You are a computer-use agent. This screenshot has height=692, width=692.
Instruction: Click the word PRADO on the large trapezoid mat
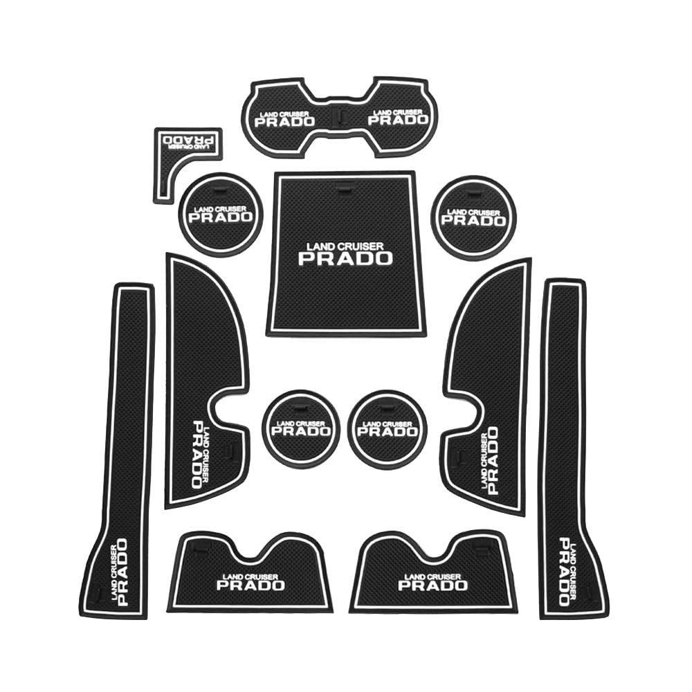(x=345, y=258)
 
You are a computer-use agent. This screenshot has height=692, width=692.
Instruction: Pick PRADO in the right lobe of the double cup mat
(x=398, y=119)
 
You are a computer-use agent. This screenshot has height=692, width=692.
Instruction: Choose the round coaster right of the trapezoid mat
(x=473, y=215)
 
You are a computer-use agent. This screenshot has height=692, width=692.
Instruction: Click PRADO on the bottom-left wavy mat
(x=251, y=585)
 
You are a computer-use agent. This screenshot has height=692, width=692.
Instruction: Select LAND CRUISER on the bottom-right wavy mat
(x=432, y=576)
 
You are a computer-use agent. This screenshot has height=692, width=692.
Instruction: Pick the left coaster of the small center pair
(x=301, y=427)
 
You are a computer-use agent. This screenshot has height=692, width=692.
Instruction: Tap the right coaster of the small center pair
(x=388, y=427)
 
